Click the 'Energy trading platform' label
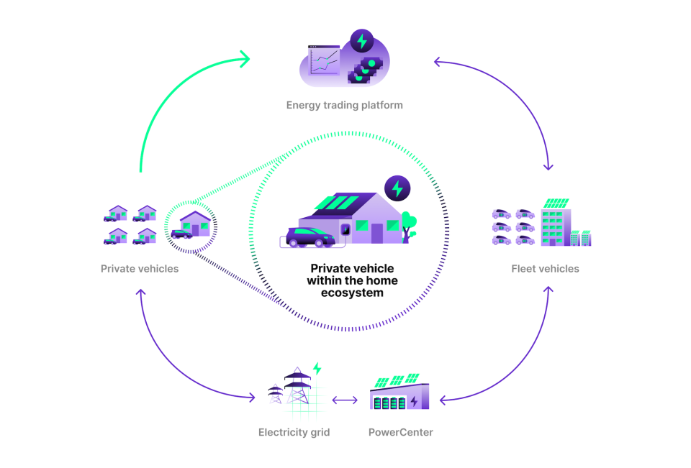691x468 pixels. point(344,105)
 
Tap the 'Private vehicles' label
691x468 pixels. point(140,269)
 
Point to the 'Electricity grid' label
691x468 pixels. point(294,432)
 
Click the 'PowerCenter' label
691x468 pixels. point(400,432)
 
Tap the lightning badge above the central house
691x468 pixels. point(397,188)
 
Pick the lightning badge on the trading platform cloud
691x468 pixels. point(362,41)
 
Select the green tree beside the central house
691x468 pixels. point(410,220)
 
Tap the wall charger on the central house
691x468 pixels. point(345,230)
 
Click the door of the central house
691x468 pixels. point(376,232)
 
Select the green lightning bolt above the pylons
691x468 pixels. point(317,369)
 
